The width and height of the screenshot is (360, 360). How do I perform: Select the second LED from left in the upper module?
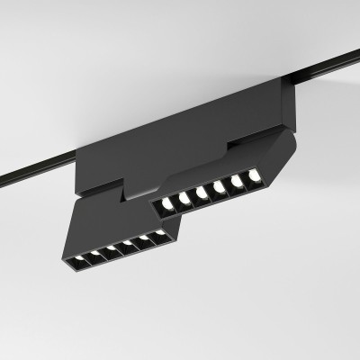pyautogui.click(x=184, y=201)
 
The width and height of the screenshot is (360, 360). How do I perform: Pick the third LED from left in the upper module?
pyautogui.click(x=202, y=193)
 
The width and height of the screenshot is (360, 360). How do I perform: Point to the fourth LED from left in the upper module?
pyautogui.click(x=219, y=186)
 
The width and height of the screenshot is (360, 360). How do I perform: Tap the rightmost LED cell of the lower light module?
pyautogui.click(x=163, y=234)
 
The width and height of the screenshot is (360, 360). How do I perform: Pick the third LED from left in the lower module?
pyautogui.click(x=111, y=250)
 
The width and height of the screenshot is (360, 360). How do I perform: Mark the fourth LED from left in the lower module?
pyautogui.click(x=128, y=245)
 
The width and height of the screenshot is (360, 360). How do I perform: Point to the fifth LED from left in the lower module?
pyautogui.click(x=146, y=239)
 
